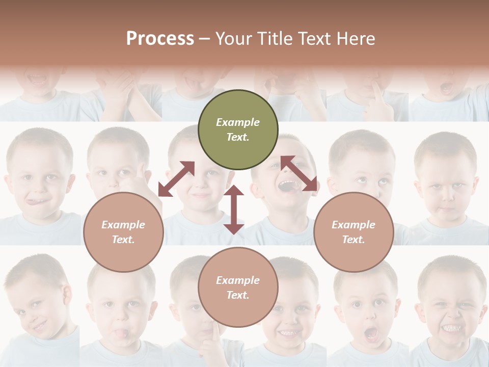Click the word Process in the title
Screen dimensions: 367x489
point(160,39)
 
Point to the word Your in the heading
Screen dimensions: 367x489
point(233,39)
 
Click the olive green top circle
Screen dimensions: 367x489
point(238,129)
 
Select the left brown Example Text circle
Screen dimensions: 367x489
point(123,232)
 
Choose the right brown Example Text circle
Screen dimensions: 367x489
point(354,232)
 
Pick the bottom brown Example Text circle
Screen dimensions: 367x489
point(238,287)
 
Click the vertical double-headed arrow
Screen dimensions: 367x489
point(234,209)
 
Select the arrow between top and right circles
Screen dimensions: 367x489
point(299,173)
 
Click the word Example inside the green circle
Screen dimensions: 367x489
point(238,122)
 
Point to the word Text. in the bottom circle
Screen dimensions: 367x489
point(238,295)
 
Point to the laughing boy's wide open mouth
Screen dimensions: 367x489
point(288,186)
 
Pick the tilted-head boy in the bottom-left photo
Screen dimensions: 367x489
point(38,301)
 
